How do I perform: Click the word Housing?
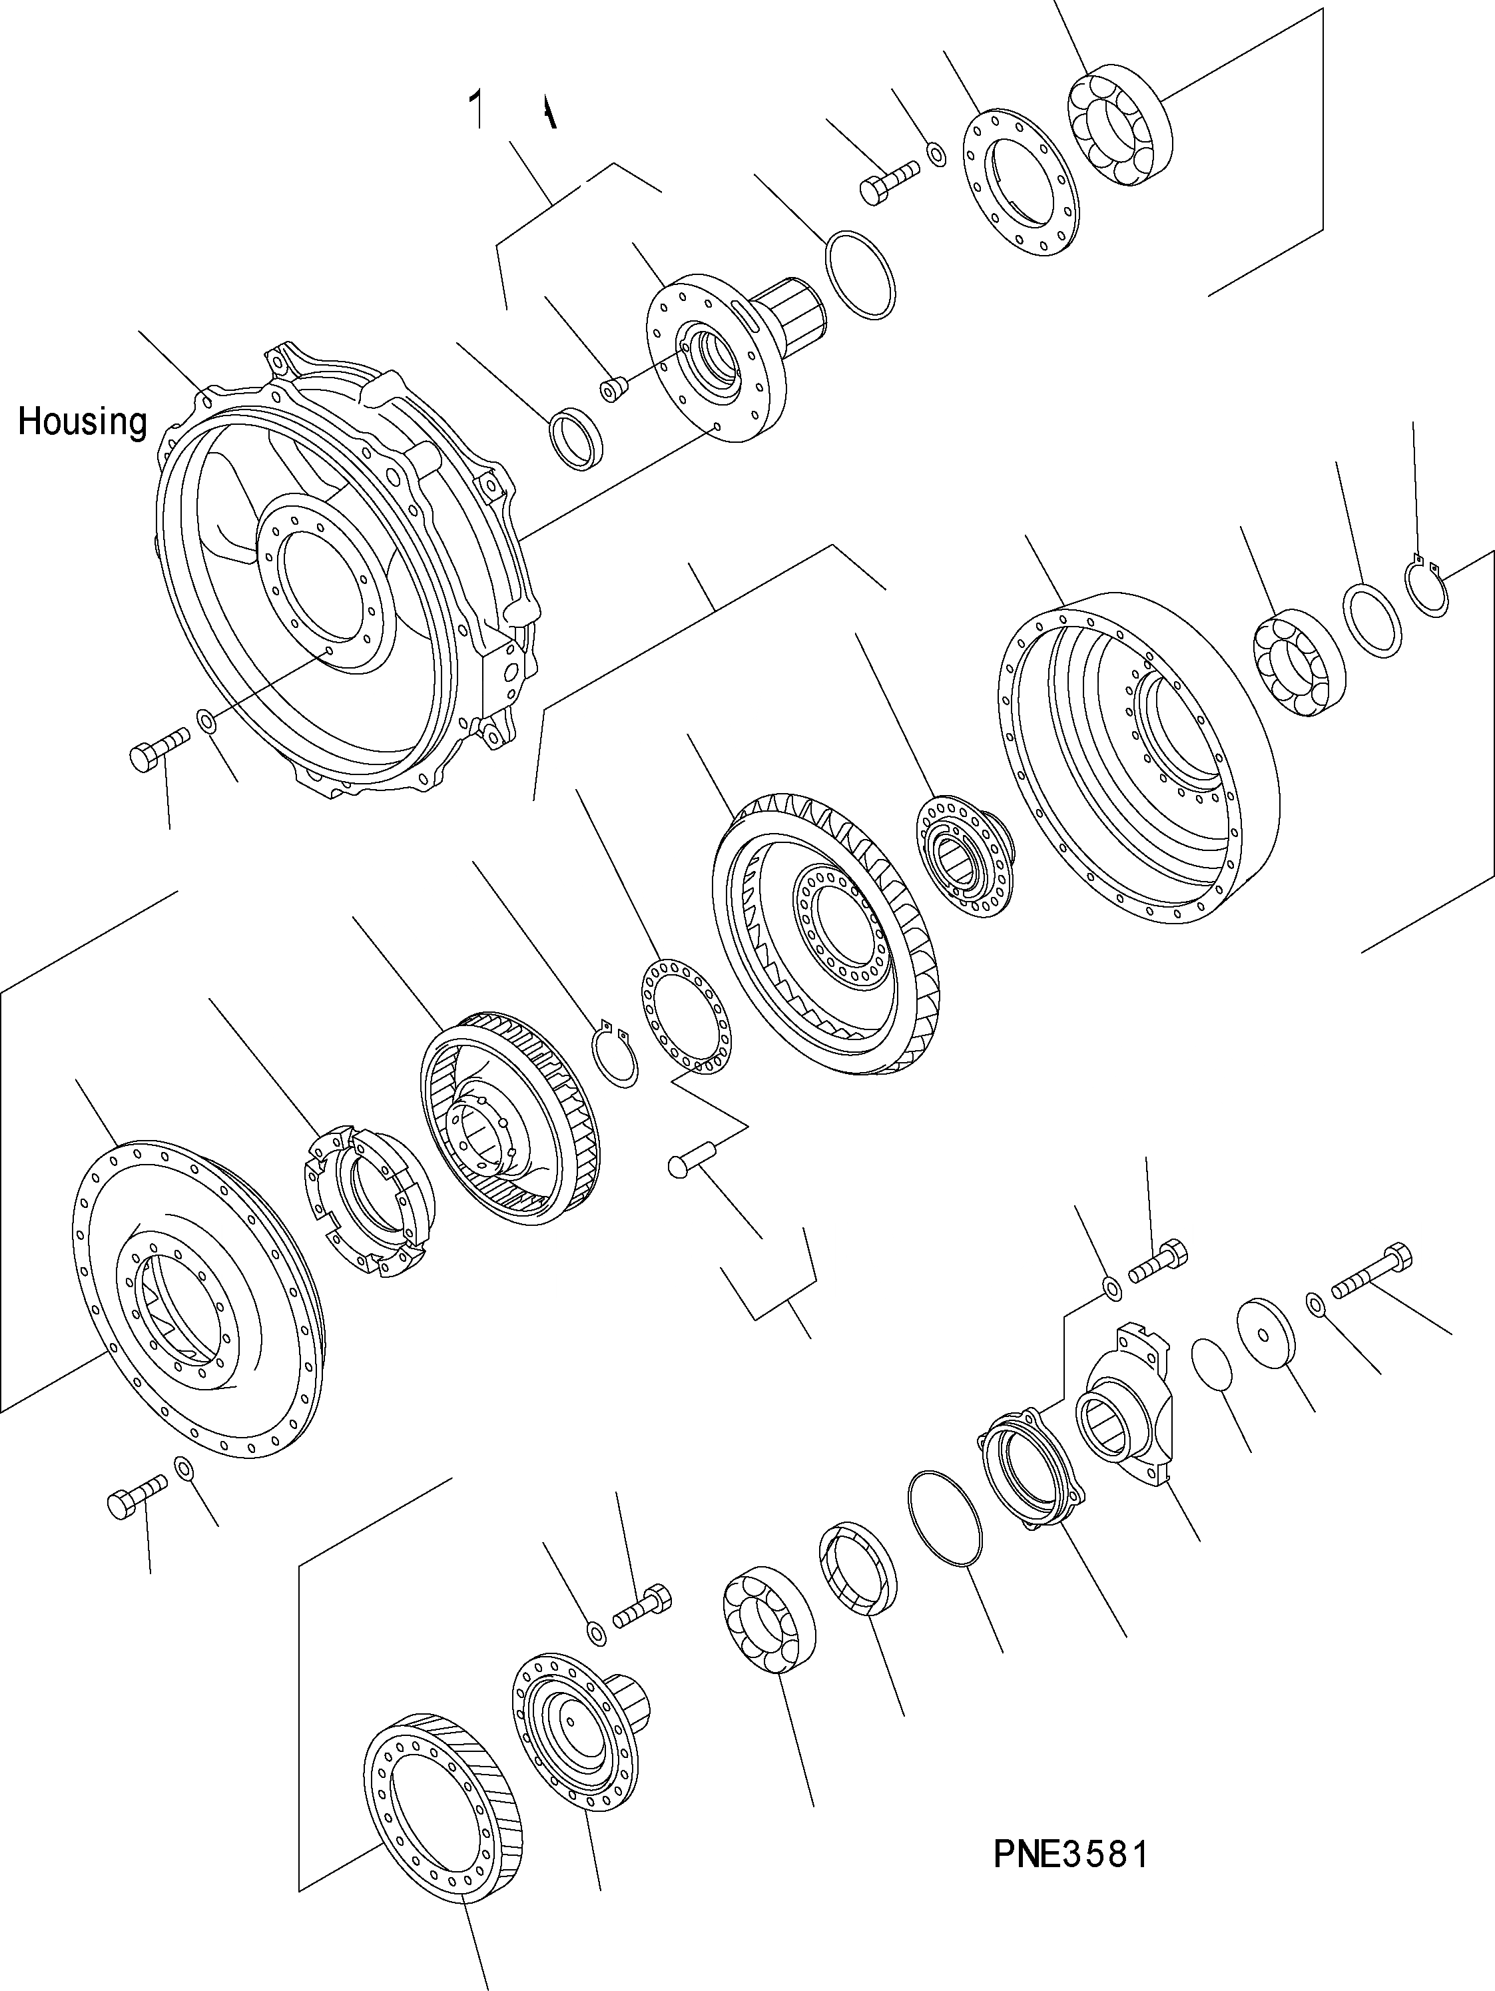82,422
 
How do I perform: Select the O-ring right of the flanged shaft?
860,274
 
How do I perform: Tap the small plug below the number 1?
613,390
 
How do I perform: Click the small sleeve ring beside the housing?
576,437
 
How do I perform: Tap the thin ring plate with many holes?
686,1016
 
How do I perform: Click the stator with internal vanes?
510,1115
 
